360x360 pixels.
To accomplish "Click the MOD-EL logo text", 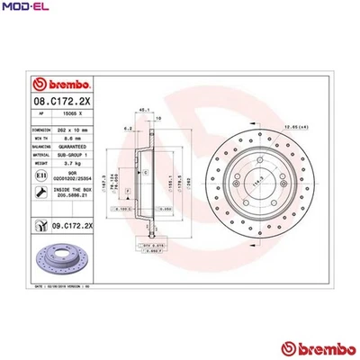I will click(21, 7).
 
